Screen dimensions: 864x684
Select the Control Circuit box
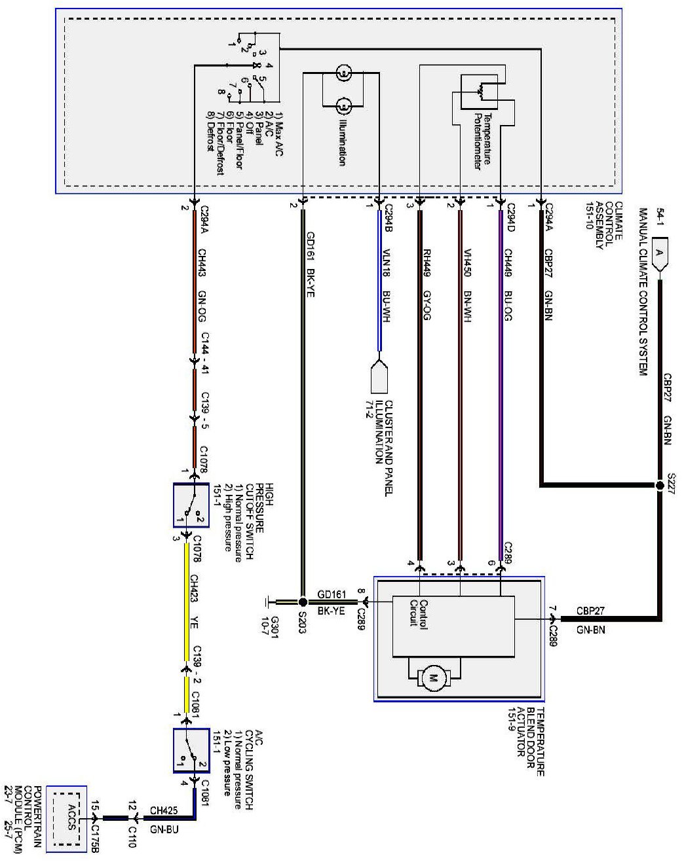[453, 625]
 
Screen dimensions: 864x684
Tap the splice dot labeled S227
[660, 486]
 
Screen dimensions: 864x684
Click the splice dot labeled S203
[302, 602]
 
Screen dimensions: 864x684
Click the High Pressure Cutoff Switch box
[190, 505]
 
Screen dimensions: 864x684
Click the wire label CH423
[194, 586]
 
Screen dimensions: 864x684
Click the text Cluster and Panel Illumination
[384, 432]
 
